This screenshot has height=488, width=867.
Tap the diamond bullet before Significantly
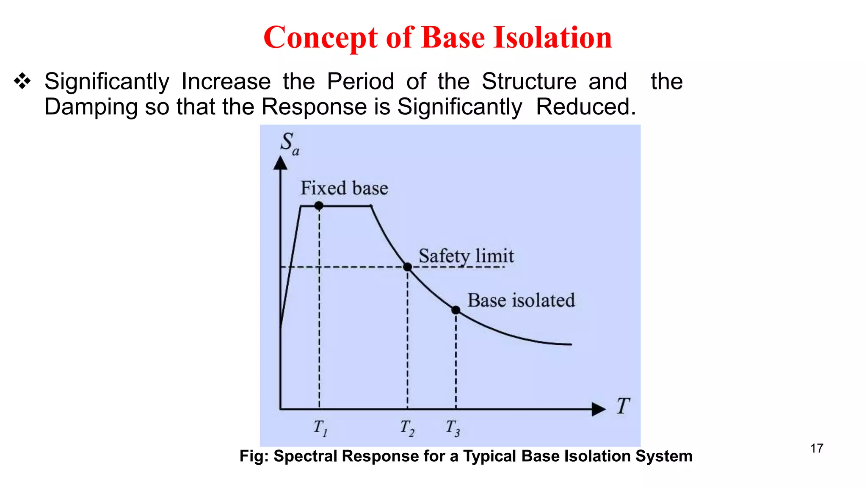22,81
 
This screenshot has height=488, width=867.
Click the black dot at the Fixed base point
319,206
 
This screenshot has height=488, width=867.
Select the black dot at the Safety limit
407,267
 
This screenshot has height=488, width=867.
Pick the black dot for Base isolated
456,310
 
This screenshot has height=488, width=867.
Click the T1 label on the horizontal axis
320,428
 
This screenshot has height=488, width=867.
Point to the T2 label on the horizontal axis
407,428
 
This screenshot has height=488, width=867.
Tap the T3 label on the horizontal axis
453,428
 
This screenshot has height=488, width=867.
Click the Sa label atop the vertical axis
290,143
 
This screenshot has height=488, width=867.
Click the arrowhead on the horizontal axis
599,409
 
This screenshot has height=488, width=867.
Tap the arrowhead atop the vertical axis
280,163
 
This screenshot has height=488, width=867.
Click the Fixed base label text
344,188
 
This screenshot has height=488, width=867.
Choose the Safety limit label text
466,256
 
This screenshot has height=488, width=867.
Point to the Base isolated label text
521,300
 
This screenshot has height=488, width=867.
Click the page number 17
817,448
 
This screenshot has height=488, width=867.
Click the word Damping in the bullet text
91,107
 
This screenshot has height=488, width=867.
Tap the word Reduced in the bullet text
586,107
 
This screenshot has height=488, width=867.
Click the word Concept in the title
320,37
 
